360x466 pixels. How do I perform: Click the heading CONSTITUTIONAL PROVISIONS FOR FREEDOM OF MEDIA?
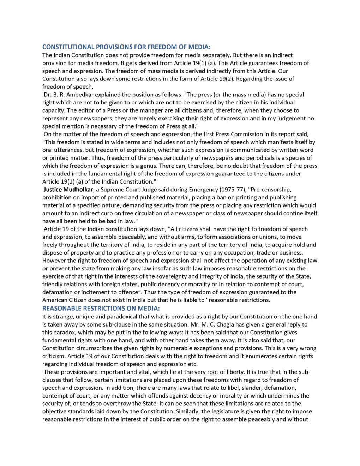[x=126, y=47]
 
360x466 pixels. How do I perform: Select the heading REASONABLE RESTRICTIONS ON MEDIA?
[x=101, y=308]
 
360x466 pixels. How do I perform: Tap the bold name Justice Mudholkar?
[x=68, y=190]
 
